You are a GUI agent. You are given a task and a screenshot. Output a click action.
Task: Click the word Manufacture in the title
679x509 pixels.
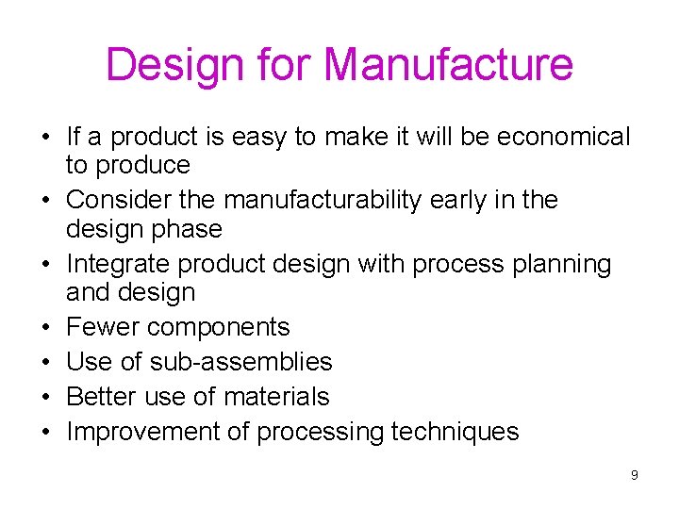(x=448, y=65)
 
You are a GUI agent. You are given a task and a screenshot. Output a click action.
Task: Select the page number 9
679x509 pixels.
(x=635, y=475)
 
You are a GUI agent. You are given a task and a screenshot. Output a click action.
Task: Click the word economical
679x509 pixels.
(x=563, y=138)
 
